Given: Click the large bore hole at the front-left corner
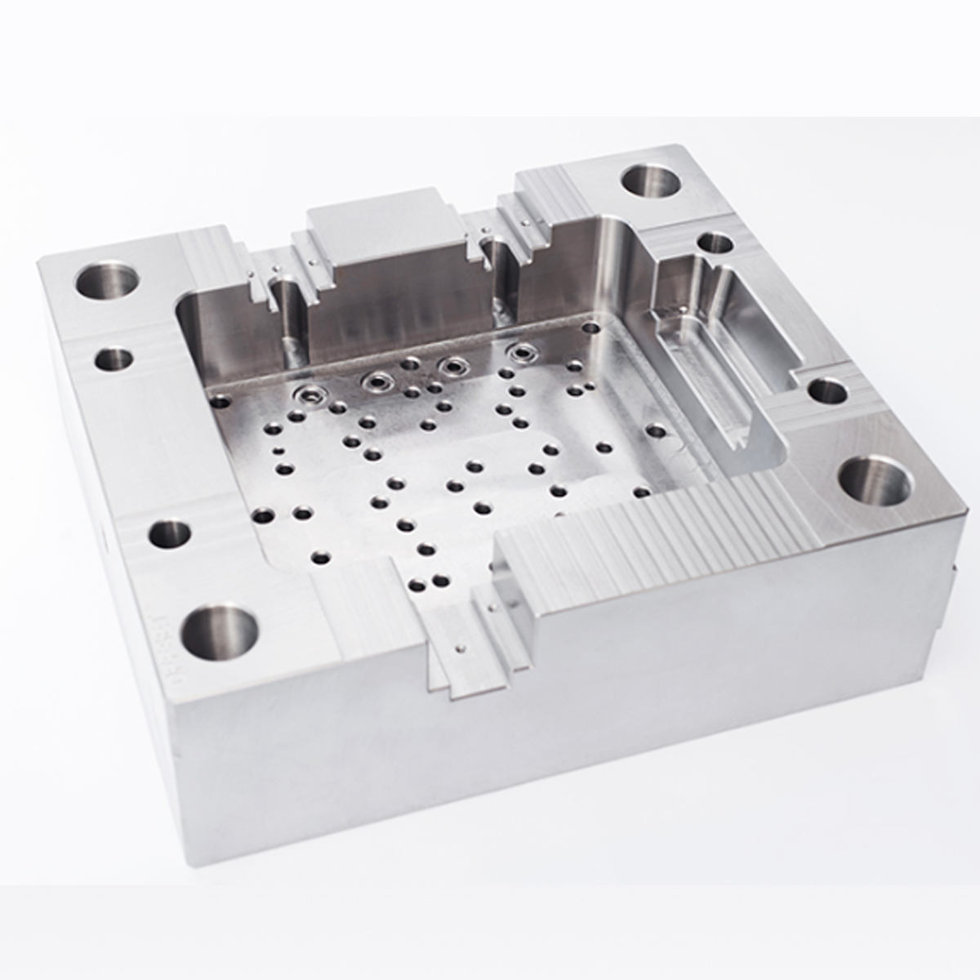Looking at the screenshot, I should click(219, 633).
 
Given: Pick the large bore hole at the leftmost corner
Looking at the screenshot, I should click(106, 280).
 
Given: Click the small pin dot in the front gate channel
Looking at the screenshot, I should click(464, 650).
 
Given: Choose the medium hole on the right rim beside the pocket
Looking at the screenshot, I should click(826, 391).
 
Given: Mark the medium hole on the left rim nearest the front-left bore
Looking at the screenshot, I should click(170, 535).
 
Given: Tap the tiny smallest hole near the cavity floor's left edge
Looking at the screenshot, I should click(278, 451).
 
